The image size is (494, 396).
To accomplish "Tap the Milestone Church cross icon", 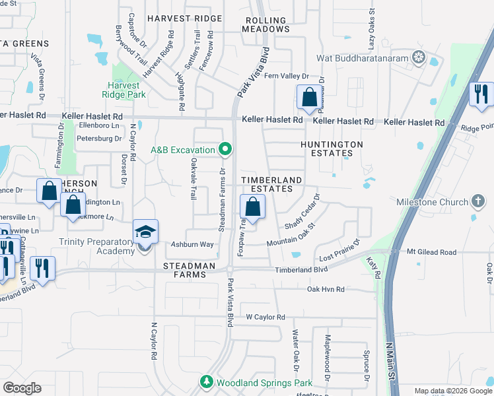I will pos(479,201).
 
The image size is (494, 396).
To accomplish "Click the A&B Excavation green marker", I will pos(225,149).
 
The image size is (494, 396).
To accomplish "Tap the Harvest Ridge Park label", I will pos(124,90).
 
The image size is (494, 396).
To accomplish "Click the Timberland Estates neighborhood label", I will pos(271,184).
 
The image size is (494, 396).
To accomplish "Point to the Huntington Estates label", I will pos(332,148).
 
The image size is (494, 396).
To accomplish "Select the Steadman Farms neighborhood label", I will pos(190,270).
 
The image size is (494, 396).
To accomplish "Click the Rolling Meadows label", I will pos(267,25).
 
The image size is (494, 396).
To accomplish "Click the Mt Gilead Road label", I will pos(431,252).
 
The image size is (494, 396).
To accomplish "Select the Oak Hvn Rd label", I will pos(326,289).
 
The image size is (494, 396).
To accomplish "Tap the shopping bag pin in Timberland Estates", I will pos(252,207).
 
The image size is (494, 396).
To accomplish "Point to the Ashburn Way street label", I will pos(193,244).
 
